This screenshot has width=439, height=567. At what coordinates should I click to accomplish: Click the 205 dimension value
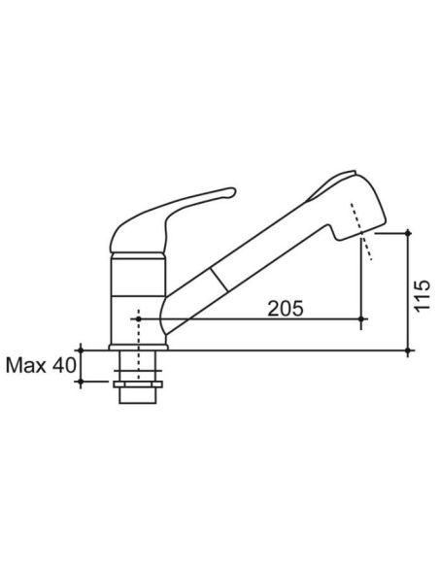click(x=286, y=309)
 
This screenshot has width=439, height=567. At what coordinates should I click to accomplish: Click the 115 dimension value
click(x=422, y=295)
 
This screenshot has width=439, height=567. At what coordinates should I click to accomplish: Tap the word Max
click(x=26, y=365)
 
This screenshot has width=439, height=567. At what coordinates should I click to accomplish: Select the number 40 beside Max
click(x=64, y=365)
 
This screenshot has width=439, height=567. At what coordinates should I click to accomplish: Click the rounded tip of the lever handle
click(x=232, y=191)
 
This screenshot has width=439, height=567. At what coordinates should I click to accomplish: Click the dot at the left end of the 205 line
click(x=138, y=318)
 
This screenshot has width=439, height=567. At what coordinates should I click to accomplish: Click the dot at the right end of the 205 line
click(x=361, y=318)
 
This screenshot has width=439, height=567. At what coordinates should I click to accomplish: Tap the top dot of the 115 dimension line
click(x=408, y=233)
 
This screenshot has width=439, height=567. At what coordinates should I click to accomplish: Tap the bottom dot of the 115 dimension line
click(x=408, y=350)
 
